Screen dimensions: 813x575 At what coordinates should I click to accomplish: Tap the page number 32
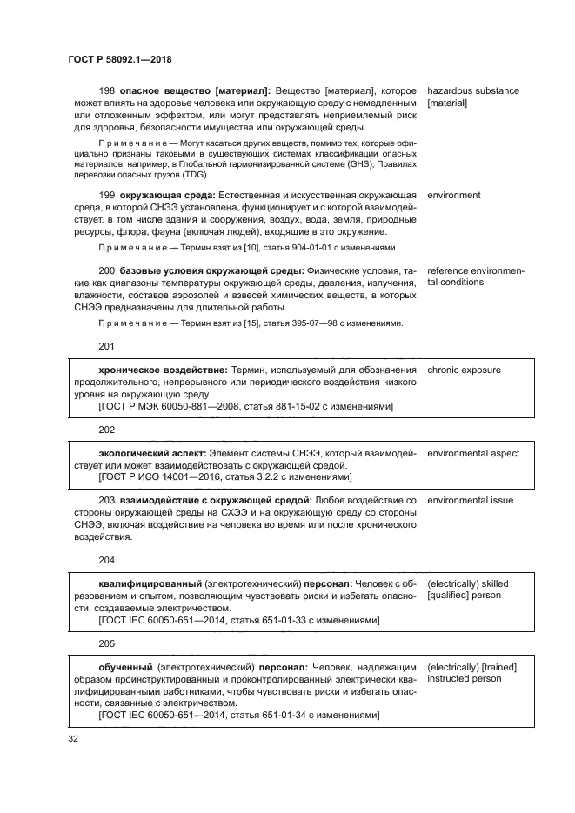pyautogui.click(x=73, y=739)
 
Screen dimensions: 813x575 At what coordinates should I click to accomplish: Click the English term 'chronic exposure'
pyautogui.click(x=464, y=370)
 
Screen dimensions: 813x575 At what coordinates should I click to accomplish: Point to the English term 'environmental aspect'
pyautogui.click(x=473, y=453)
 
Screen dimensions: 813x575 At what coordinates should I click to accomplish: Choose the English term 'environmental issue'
pyautogui.click(x=470, y=500)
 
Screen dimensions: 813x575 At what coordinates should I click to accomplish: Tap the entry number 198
pyautogui.click(x=108, y=90)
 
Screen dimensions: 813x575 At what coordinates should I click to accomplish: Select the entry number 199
pyautogui.click(x=108, y=196)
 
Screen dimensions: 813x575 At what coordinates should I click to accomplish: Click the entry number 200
pyautogui.click(x=108, y=271)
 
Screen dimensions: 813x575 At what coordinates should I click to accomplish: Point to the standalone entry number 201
pyautogui.click(x=107, y=346)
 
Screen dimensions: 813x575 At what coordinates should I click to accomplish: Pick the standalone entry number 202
pyautogui.click(x=107, y=430)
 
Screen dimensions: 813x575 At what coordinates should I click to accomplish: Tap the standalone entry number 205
pyautogui.click(x=107, y=643)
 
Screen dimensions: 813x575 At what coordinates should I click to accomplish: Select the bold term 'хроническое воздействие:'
pyautogui.click(x=161, y=370)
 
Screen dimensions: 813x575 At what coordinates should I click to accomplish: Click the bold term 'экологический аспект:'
pyautogui.click(x=152, y=453)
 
